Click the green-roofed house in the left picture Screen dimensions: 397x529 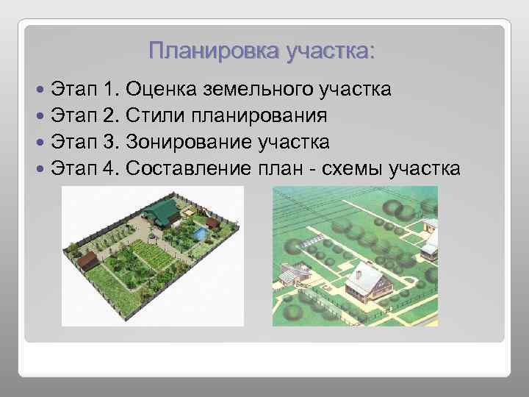[164, 212]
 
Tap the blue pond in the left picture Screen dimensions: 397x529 [198, 233]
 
